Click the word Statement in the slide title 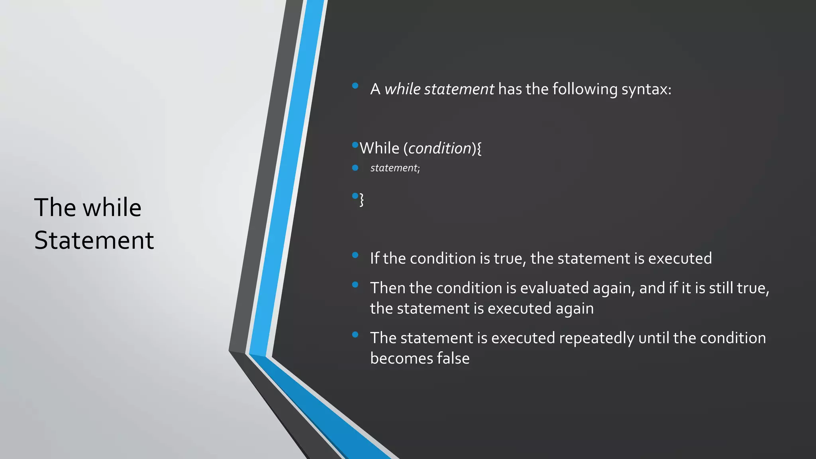[x=94, y=240]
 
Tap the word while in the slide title [x=112, y=208]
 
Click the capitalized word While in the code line [x=379, y=148]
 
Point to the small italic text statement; [x=395, y=168]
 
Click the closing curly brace [x=362, y=199]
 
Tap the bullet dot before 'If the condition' [x=355, y=255]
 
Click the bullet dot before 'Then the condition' [x=355, y=284]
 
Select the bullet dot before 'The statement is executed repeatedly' [x=355, y=335]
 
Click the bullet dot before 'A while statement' [x=355, y=86]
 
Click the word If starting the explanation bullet [x=375, y=259]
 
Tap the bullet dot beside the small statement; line [x=355, y=168]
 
